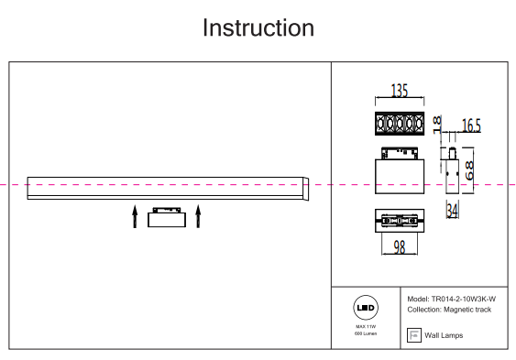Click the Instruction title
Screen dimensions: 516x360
(x=258, y=28)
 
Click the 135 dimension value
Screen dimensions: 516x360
(x=400, y=91)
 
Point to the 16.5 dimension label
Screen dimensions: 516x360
(x=471, y=125)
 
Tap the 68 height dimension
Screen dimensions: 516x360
(x=469, y=170)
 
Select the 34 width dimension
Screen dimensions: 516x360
(x=453, y=211)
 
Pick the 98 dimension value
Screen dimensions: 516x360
(x=400, y=247)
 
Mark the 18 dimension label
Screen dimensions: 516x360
(x=437, y=125)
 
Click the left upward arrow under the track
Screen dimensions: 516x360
(x=135, y=216)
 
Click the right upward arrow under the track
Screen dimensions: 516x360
(x=198, y=216)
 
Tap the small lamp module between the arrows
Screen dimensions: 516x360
(x=167, y=217)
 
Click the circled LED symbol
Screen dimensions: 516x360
(x=366, y=308)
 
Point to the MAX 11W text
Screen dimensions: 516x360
(x=366, y=326)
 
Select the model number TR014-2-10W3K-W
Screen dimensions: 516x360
(x=464, y=300)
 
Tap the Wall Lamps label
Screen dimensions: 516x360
(x=444, y=335)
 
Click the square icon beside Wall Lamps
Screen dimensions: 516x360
(x=414, y=335)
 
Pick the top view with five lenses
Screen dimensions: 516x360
(x=400, y=124)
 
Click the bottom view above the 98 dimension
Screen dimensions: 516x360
(x=400, y=221)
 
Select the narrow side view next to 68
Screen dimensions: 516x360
(x=452, y=171)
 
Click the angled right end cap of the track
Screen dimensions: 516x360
(x=306, y=189)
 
